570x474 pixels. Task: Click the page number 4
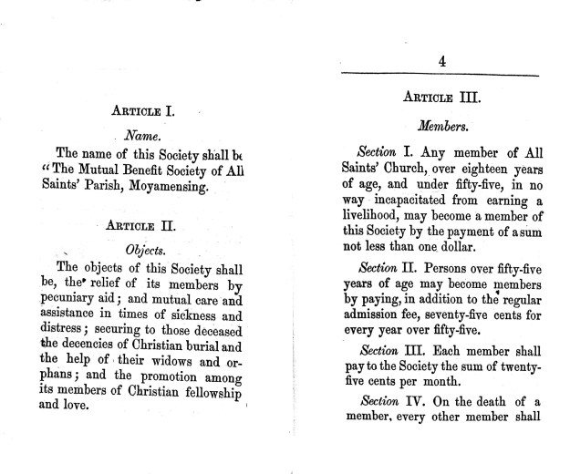440,62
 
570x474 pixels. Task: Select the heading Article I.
142,111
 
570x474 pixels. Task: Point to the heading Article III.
440,98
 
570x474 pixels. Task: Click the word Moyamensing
162,189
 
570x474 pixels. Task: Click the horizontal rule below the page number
440,74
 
